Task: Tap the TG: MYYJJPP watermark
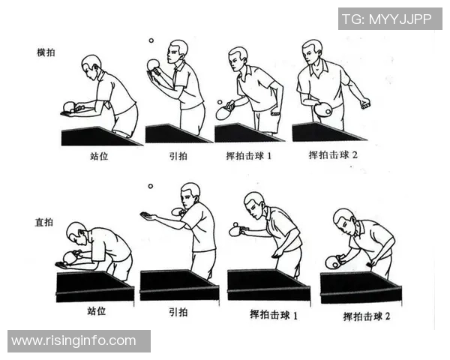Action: (390, 19)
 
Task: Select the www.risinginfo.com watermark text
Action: (74, 341)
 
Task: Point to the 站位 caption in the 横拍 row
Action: (99, 157)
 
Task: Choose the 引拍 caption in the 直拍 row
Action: (178, 312)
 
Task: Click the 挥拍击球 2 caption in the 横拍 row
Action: (334, 155)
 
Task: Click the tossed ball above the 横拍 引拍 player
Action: (150, 41)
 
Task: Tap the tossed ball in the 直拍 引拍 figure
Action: (150, 186)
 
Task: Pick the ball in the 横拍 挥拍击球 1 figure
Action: (219, 101)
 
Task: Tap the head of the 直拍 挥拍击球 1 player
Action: (254, 202)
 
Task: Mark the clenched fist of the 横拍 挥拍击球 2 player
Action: (364, 103)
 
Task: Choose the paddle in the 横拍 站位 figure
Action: (68, 106)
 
